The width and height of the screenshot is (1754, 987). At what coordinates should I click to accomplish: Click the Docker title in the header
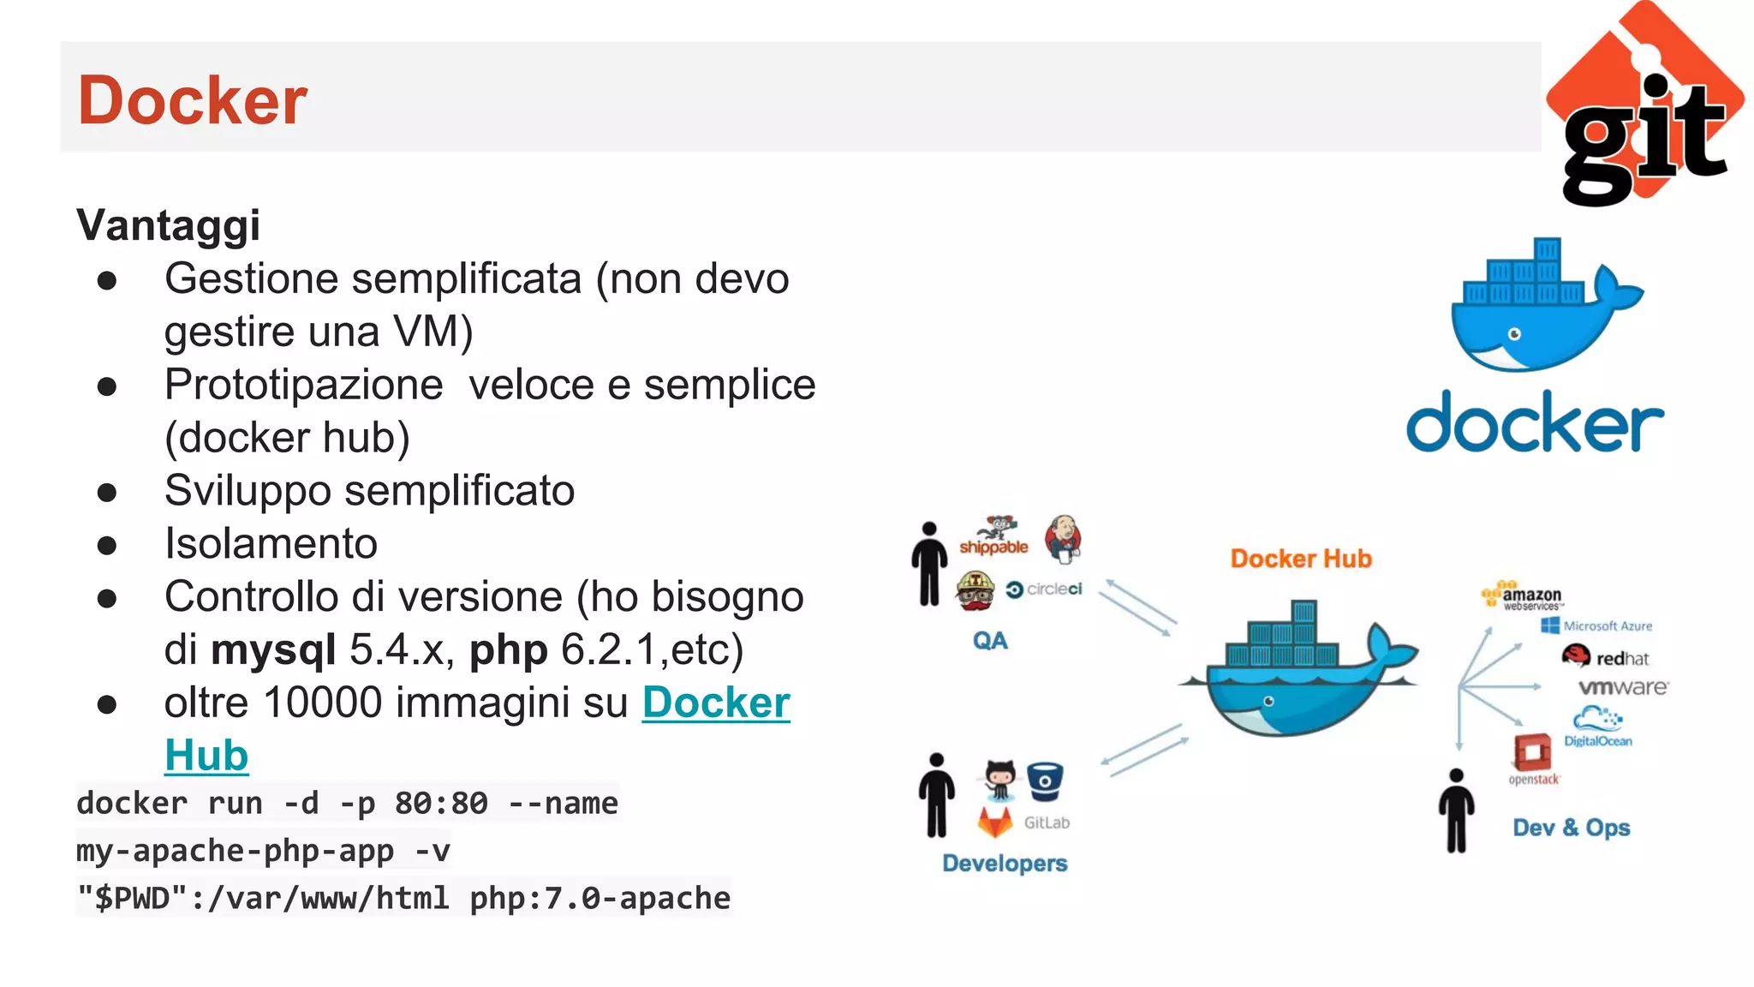193,100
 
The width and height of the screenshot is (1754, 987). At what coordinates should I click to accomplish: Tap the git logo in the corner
1644,107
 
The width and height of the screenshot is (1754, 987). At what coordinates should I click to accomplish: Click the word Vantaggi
168,225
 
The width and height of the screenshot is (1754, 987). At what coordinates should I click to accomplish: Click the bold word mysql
273,650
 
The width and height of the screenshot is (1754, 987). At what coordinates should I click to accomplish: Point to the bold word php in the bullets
508,650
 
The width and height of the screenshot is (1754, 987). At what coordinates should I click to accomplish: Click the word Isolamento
271,544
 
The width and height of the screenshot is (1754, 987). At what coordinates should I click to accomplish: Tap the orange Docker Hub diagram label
1300,559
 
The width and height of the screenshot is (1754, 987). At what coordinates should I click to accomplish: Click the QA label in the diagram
990,641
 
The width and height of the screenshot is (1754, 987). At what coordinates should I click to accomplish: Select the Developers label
1005,863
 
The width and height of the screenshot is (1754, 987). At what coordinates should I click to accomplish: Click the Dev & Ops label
1571,828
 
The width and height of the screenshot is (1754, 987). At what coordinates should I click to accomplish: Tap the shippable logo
993,538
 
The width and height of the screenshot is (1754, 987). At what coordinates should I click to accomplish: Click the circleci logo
1044,589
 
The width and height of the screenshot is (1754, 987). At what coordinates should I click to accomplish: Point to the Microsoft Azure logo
1596,626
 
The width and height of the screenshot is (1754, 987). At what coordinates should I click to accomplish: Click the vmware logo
1623,687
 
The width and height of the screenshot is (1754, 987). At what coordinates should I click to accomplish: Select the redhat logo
1606,657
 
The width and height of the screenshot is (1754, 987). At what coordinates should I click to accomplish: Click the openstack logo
1533,758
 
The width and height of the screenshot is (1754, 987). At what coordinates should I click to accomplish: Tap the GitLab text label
1047,822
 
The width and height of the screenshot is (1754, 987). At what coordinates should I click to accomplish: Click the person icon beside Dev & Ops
1456,811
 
